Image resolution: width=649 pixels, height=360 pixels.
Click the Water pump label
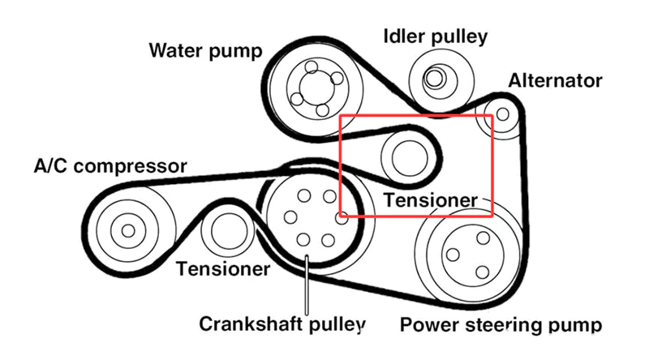click(205, 51)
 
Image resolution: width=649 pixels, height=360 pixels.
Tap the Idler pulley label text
click(435, 36)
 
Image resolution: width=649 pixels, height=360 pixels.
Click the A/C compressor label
click(110, 167)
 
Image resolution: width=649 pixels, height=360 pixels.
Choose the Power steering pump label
click(501, 326)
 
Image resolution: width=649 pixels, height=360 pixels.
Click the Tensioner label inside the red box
click(430, 199)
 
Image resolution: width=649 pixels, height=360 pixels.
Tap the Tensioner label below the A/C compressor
click(223, 268)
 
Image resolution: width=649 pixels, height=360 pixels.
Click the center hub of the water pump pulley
click(310, 87)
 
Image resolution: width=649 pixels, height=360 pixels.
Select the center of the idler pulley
click(436, 79)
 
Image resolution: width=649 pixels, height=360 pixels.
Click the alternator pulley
click(501, 115)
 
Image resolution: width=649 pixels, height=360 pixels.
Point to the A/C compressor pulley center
click(127, 230)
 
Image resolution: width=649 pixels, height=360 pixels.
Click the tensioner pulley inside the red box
click(404, 154)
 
